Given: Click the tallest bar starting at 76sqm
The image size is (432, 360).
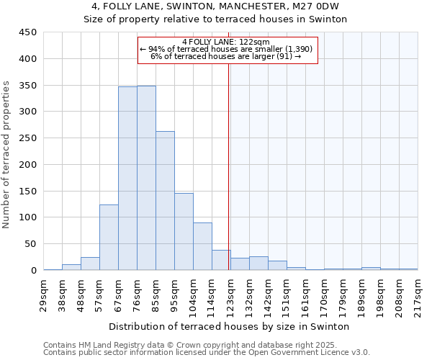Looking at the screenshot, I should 146,178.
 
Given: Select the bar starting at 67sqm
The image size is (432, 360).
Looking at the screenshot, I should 127,179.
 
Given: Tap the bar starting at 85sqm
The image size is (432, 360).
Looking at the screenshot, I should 165,201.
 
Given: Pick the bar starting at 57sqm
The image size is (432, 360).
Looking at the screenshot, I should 109,238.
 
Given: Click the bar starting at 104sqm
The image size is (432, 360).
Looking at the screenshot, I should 202,246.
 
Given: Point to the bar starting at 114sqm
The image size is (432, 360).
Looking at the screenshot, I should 221,260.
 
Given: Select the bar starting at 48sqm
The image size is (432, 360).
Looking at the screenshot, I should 90,264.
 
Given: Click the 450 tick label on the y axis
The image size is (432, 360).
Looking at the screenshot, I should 28,32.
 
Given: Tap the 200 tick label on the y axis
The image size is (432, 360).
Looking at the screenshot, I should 28,164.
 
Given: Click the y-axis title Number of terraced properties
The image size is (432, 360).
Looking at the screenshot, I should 7,155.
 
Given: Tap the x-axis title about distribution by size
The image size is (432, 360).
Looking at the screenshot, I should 229,326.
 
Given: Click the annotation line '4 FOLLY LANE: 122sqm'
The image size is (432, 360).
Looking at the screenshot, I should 226,42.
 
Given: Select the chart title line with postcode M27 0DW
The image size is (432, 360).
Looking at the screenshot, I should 215,6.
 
